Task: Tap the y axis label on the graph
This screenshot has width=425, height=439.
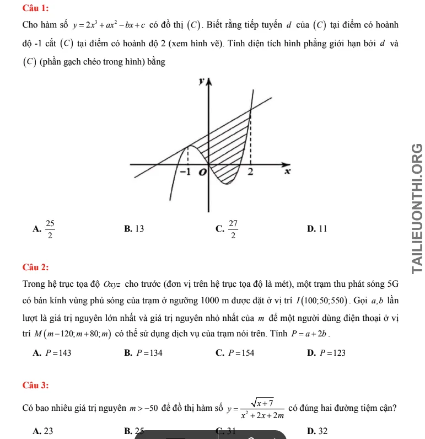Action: point(202,81)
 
